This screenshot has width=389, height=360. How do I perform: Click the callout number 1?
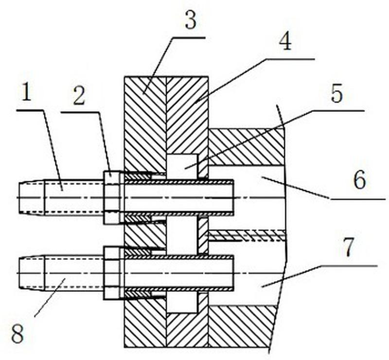27,92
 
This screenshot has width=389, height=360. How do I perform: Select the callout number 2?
79,96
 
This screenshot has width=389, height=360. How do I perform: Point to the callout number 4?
285,43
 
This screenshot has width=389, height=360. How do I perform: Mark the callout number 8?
18,335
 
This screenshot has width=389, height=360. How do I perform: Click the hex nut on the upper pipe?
112,197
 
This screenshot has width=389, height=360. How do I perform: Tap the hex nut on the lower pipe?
112,272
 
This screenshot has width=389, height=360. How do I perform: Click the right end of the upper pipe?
231,197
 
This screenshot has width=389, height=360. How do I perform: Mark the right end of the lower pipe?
231,272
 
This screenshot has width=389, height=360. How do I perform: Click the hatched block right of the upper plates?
246,146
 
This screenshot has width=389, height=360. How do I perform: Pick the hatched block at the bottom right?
241,326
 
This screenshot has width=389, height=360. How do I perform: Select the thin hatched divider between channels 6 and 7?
246,236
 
